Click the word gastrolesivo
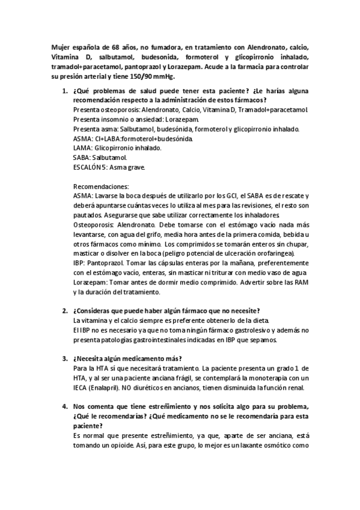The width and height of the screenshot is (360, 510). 245,330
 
